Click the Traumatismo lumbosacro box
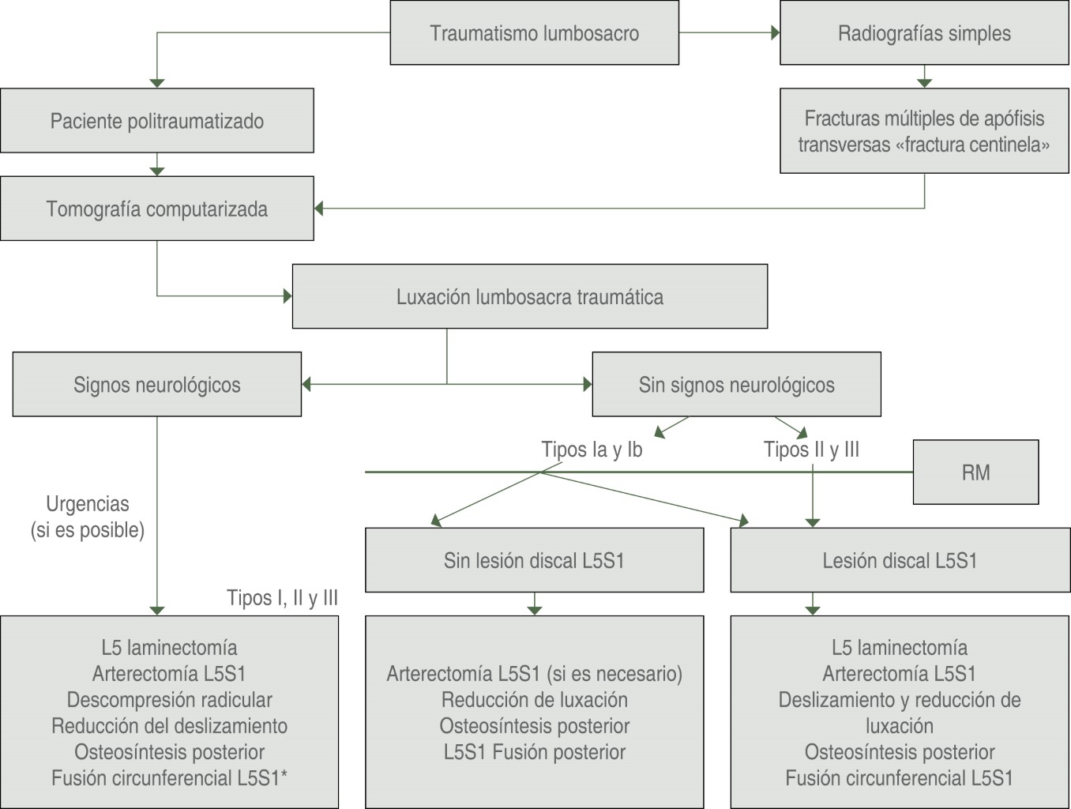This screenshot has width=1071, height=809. pyautogui.click(x=534, y=33)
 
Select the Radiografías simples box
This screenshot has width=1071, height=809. pyautogui.click(x=924, y=33)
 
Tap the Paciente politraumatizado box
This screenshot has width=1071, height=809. pyautogui.click(x=156, y=121)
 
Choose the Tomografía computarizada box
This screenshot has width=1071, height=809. pyautogui.click(x=156, y=209)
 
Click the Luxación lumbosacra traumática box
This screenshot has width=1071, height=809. pyautogui.click(x=529, y=297)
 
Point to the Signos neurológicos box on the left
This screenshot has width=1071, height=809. pyautogui.click(x=156, y=385)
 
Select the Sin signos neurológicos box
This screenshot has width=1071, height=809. pyautogui.click(x=736, y=385)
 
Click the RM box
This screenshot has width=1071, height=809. pyautogui.click(x=975, y=472)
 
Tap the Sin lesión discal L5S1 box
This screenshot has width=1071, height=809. pyautogui.click(x=534, y=561)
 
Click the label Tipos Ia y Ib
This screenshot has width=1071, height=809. pyautogui.click(x=592, y=450)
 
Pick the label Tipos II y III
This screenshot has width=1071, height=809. pyautogui.click(x=811, y=450)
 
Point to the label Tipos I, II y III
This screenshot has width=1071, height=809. pyautogui.click(x=282, y=598)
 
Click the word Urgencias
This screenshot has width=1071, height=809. pyautogui.click(x=88, y=504)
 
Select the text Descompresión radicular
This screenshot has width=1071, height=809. pyautogui.click(x=169, y=700)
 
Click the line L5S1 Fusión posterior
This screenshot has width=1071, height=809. pyautogui.click(x=534, y=752)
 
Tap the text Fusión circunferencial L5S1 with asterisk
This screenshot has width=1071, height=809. pyautogui.click(x=169, y=778)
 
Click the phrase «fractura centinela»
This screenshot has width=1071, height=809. pyautogui.click(x=972, y=145)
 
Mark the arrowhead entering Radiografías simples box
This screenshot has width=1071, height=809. pyautogui.click(x=775, y=33)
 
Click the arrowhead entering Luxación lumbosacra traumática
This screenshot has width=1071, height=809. pyautogui.click(x=287, y=296)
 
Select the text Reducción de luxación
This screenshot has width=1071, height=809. pyautogui.click(x=534, y=700)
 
